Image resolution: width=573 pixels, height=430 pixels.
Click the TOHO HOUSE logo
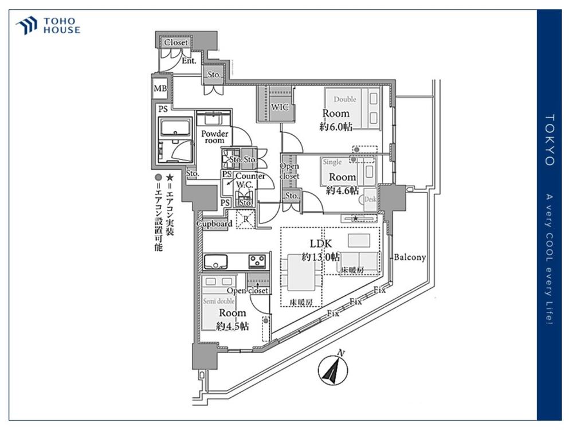[48, 25]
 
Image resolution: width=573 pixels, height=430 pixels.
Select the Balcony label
[410, 257]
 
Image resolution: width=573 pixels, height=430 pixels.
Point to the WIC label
[280, 107]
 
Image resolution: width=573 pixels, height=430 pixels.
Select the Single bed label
[332, 162]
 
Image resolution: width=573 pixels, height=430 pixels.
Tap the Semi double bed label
[217, 300]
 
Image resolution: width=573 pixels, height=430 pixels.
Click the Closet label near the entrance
[176, 43]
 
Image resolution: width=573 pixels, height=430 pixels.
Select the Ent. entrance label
[189, 60]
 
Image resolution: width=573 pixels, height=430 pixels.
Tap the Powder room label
[214, 136]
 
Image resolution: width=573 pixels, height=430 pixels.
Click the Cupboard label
[214, 224]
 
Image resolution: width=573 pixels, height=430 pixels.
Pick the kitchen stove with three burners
[256, 261]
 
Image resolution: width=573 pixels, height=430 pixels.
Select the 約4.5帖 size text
[232, 326]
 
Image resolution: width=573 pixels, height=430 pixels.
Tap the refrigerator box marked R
[245, 218]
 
